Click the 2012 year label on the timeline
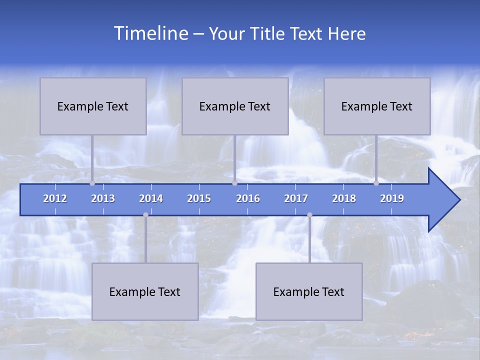click(x=55, y=198)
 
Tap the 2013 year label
click(x=103, y=198)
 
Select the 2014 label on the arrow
click(x=151, y=198)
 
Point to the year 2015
click(x=199, y=198)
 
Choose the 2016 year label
click(x=248, y=198)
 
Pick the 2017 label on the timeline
click(x=296, y=198)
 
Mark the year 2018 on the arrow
click(x=344, y=198)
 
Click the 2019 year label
click(x=392, y=198)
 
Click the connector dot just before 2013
click(x=92, y=183)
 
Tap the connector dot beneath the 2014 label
click(x=145, y=215)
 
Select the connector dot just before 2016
click(x=234, y=183)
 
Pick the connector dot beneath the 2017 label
click(x=309, y=215)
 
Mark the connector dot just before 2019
click(x=376, y=183)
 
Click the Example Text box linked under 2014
click(x=145, y=291)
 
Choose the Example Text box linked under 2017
click(x=309, y=291)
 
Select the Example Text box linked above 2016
click(x=235, y=106)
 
